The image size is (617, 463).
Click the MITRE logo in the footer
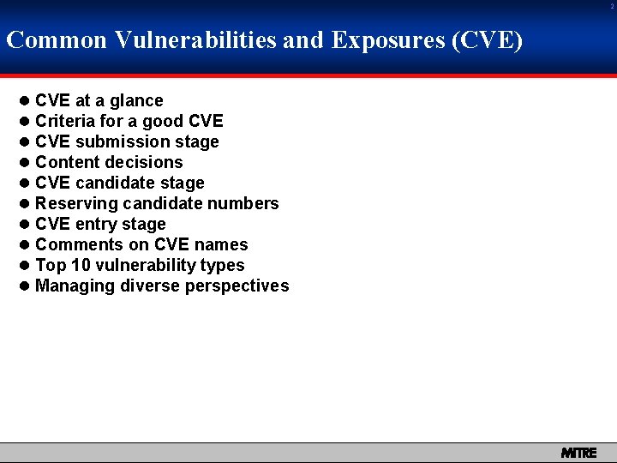578,453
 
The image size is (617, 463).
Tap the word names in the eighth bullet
221,245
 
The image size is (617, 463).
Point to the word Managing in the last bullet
73,286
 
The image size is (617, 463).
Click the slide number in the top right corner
612,7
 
